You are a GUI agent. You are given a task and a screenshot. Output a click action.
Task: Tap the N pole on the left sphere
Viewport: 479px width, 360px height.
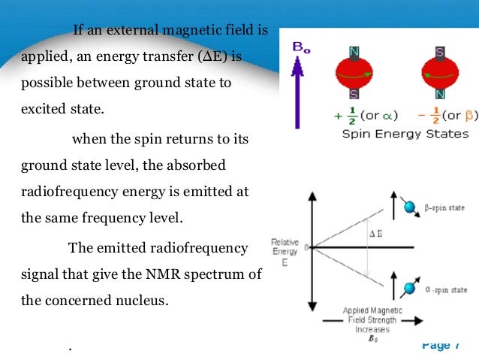tap(354, 53)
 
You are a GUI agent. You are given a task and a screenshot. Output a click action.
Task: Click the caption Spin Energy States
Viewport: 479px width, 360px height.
tap(394, 134)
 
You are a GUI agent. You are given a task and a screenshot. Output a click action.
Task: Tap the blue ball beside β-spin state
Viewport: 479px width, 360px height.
tap(411, 207)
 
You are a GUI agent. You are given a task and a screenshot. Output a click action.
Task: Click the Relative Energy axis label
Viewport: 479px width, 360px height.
tap(285, 253)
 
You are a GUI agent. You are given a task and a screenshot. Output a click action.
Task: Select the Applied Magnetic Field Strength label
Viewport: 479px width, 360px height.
tap(371, 320)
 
